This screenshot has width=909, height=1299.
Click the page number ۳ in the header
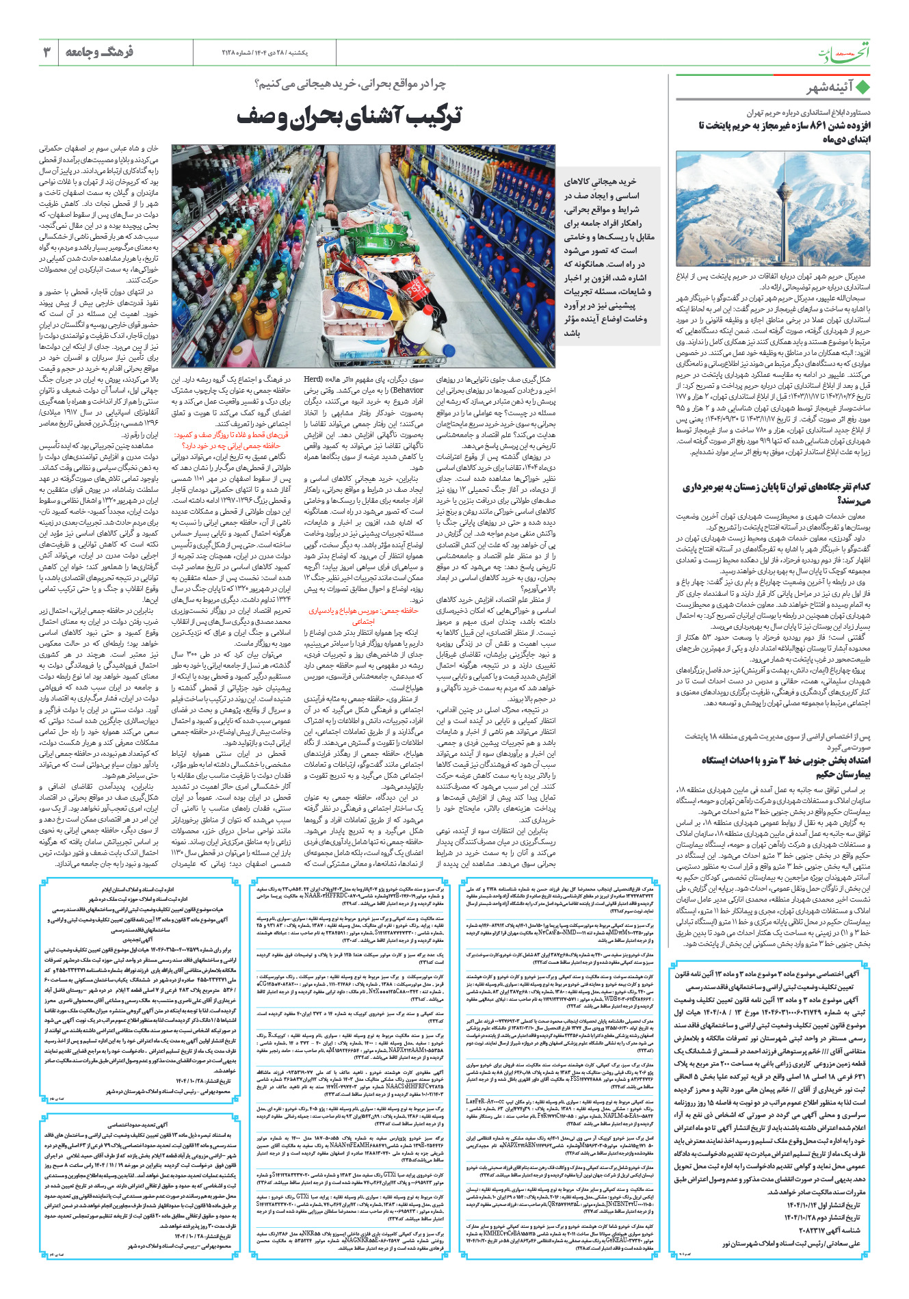pos(47,52)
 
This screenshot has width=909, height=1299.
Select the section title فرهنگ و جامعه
pos(100,52)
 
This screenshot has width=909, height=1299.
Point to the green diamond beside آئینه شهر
pos(862,88)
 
